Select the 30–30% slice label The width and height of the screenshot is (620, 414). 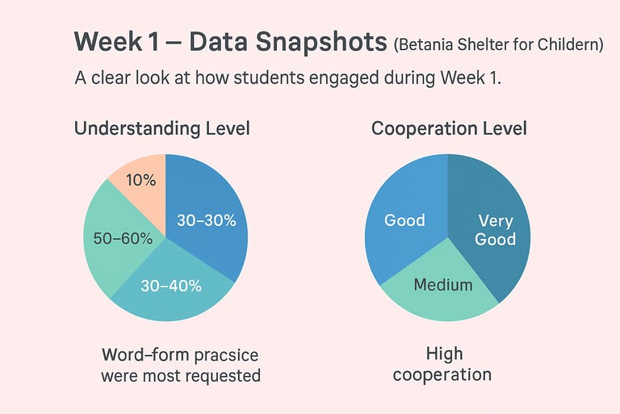point(206,220)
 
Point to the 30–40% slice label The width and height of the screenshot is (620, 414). point(171,286)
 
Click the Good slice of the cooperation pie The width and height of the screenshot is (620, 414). point(404,220)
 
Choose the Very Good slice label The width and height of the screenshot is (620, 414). point(495,230)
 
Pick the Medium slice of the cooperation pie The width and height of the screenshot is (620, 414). point(442,285)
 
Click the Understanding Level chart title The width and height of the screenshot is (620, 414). point(161,128)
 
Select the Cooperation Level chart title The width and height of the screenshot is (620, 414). point(449,128)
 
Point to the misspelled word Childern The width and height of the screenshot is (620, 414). point(571,45)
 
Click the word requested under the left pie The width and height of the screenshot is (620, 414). point(221,375)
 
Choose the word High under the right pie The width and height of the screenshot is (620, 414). point(443,354)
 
